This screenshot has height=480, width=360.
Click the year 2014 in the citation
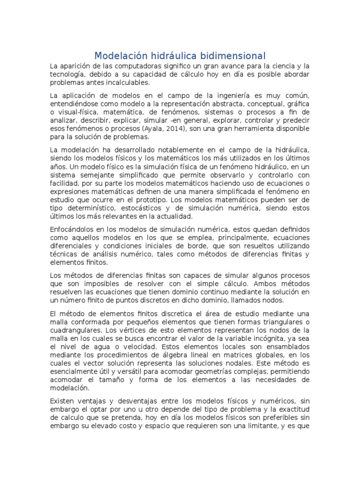(x=173, y=129)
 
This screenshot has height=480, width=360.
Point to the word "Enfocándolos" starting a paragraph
(x=72, y=229)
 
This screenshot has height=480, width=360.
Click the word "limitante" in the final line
(x=269, y=426)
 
